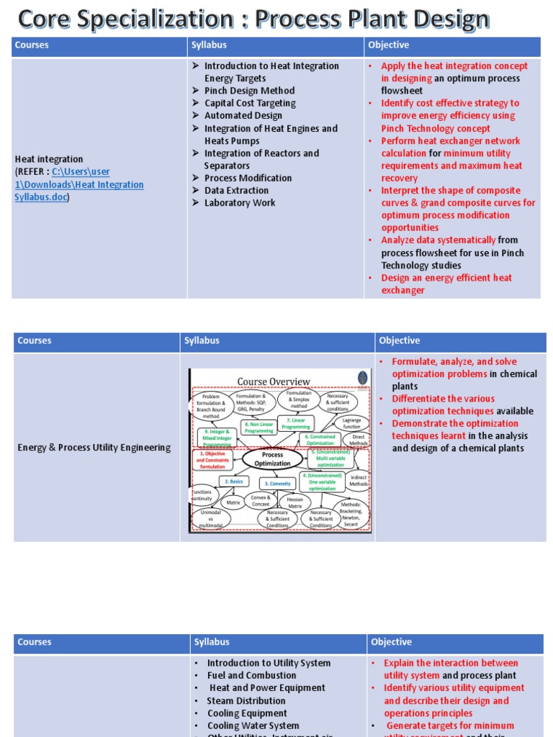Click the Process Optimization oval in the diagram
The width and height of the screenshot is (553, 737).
pos(272,459)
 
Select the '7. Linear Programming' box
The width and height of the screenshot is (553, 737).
pos(296,423)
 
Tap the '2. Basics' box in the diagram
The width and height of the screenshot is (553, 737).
pos(235,481)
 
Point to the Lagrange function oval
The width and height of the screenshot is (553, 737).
pos(352,422)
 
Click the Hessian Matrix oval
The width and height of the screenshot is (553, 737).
pos(295,502)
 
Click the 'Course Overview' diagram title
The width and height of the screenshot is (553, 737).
pos(274,381)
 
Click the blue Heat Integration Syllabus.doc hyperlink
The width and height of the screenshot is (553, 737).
pos(79,184)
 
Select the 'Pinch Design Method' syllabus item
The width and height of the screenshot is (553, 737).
pos(249,91)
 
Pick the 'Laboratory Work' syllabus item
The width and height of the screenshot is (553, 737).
pos(240,203)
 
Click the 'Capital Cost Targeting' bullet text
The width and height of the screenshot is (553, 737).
pos(250,103)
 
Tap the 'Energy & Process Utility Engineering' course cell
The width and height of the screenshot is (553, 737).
pos(94,448)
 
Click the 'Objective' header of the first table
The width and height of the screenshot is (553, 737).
pos(389,45)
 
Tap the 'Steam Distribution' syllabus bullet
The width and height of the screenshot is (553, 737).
pos(246,701)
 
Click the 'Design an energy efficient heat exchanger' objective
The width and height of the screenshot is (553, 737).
pos(446,284)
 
